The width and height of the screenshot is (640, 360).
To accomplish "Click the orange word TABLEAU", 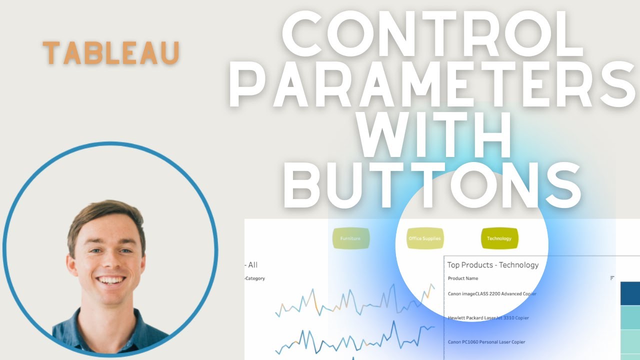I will coord(111,53).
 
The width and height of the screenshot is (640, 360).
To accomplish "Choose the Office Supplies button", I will coord(424,238).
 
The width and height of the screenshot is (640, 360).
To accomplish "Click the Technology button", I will coord(499,238).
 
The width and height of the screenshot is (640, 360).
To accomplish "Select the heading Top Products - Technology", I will coord(492,265).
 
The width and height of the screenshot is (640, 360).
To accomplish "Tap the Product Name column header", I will coord(462,278).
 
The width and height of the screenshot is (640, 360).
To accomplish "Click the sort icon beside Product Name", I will coord(612,278).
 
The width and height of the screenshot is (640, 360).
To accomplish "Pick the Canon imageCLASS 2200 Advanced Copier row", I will coord(492,294).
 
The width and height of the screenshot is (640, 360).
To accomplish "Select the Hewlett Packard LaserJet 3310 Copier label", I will coord(488,318).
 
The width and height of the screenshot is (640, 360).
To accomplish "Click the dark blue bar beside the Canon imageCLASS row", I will coord(630,293).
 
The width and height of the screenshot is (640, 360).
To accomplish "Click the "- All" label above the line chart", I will coord(251,265).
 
